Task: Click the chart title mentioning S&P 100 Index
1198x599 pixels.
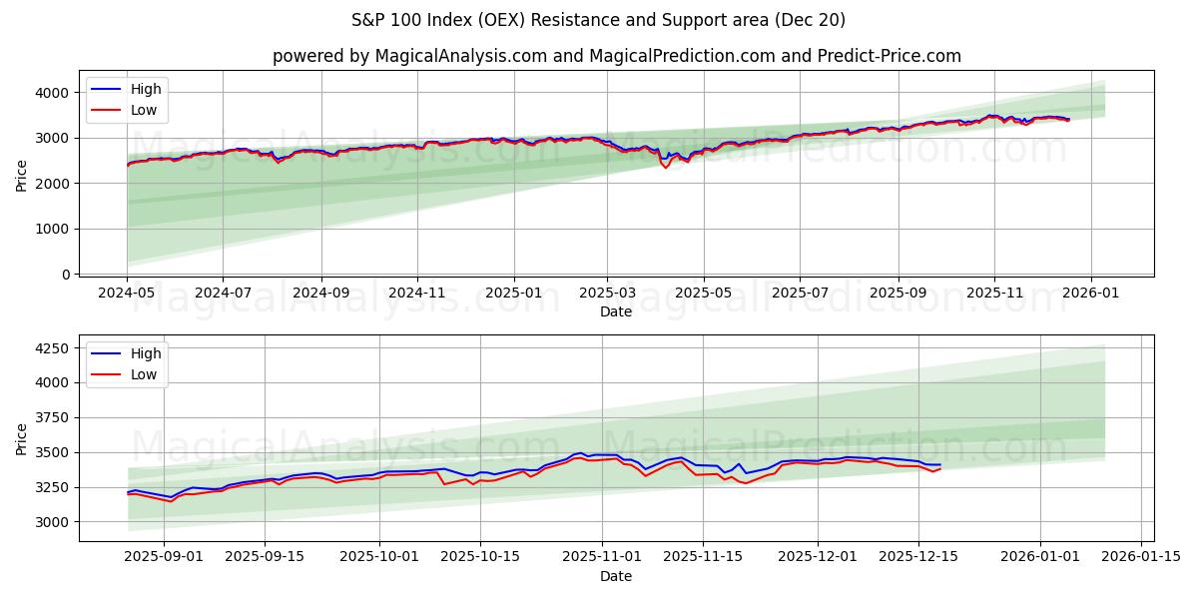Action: click(598, 20)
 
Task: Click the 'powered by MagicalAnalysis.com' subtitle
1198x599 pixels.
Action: click(616, 56)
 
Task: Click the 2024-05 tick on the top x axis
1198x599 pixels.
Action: click(127, 293)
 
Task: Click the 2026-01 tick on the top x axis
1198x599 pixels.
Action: click(1090, 293)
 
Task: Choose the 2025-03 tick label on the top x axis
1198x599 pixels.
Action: click(607, 293)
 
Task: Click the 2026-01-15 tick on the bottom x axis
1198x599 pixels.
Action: click(1141, 557)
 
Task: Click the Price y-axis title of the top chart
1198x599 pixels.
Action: click(22, 175)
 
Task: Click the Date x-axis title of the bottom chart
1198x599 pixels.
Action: click(616, 576)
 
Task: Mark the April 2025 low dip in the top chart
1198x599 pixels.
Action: click(666, 168)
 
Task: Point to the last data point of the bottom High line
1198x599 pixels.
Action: click(939, 464)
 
